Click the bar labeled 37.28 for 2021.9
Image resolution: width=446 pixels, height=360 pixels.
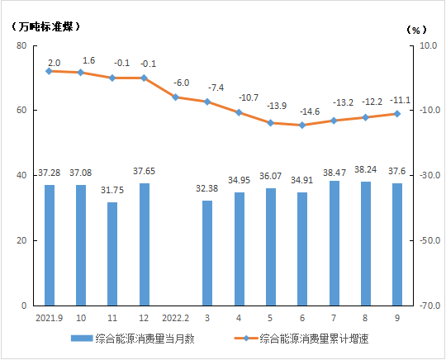[50, 245]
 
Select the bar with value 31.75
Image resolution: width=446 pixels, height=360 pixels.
[112, 253]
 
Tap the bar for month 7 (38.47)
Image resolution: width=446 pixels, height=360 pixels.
[334, 243]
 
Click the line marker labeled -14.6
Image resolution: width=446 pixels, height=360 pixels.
[302, 126]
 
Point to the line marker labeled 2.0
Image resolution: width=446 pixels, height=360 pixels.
[50, 71]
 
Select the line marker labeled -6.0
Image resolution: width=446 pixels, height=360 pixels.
[176, 97]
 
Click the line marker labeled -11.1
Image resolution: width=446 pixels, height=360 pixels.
[397, 114]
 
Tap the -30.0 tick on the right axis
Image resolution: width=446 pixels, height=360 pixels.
[426, 176]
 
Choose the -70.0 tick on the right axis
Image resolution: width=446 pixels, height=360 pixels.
[426, 306]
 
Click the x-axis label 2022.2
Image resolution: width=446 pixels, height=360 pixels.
[175, 317]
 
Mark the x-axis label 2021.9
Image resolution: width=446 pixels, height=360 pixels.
[50, 317]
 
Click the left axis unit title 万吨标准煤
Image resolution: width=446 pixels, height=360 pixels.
[46, 26]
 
